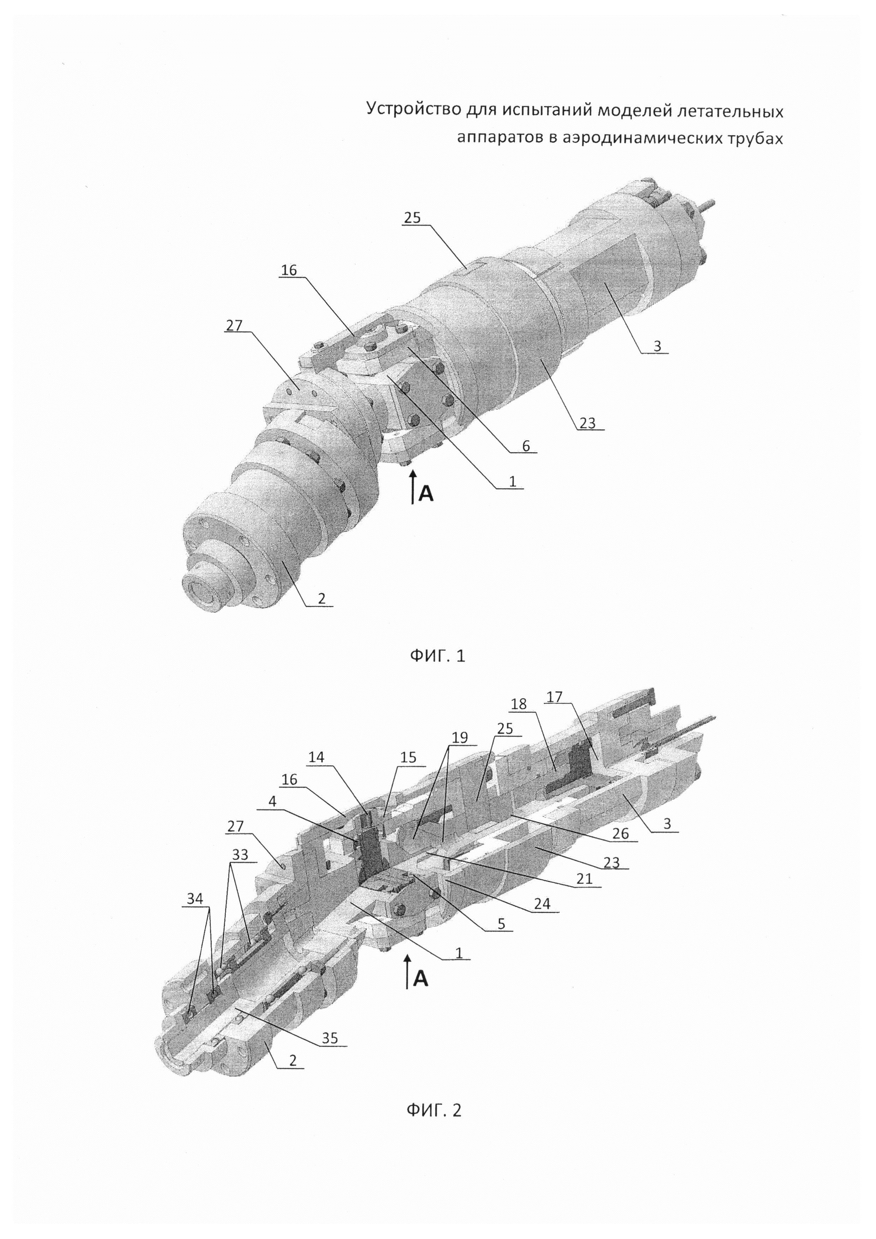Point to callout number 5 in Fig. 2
pyautogui.click(x=501, y=924)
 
